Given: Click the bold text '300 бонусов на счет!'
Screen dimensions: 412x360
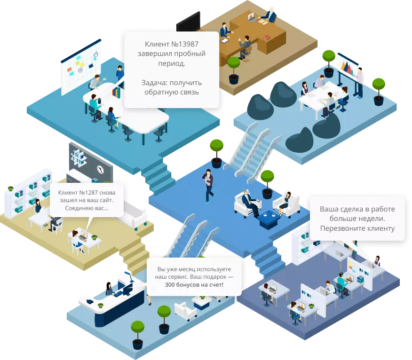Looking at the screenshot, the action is pos(194,284).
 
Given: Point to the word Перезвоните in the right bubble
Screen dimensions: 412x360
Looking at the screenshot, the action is pos(341,228).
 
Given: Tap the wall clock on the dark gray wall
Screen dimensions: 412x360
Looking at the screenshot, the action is pos(100,169).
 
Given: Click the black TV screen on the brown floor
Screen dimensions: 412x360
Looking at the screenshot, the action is pos(188,22).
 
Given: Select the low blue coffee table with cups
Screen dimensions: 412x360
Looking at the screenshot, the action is pos(269,219).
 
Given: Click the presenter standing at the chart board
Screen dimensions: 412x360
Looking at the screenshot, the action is pos(359,82).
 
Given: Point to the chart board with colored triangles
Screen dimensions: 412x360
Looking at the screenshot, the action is pos(347,66).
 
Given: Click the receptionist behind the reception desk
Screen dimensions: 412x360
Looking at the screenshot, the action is pos(110,289).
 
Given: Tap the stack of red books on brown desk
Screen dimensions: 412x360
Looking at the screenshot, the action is pos(267,37).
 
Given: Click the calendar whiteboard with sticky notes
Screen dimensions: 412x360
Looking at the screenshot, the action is pos(81,66).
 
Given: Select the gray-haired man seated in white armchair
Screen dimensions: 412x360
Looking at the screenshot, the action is pos(250,202).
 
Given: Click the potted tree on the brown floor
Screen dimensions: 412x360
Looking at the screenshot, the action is pos(234,70).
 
